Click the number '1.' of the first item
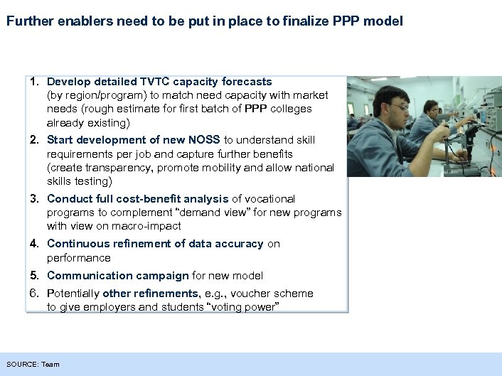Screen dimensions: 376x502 35,82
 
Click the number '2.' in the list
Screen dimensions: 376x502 35,140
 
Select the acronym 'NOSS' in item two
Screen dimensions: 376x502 205,140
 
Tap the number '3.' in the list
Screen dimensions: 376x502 35,199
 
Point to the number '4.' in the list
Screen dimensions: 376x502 35,244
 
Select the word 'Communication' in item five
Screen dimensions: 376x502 82,276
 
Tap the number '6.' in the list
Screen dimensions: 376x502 35,294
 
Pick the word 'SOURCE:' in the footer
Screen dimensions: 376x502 22,365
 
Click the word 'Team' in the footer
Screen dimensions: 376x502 50,365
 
